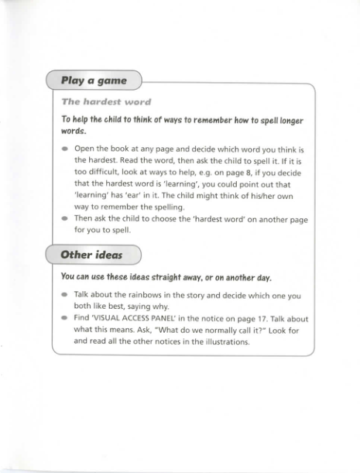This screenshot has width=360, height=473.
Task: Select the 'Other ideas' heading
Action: [92, 255]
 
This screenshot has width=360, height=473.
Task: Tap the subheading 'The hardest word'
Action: [106, 101]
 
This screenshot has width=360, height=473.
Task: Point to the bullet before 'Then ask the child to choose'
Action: [64, 219]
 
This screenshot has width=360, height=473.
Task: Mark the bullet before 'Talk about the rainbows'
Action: [64, 296]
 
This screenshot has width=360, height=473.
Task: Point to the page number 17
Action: [256, 318]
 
